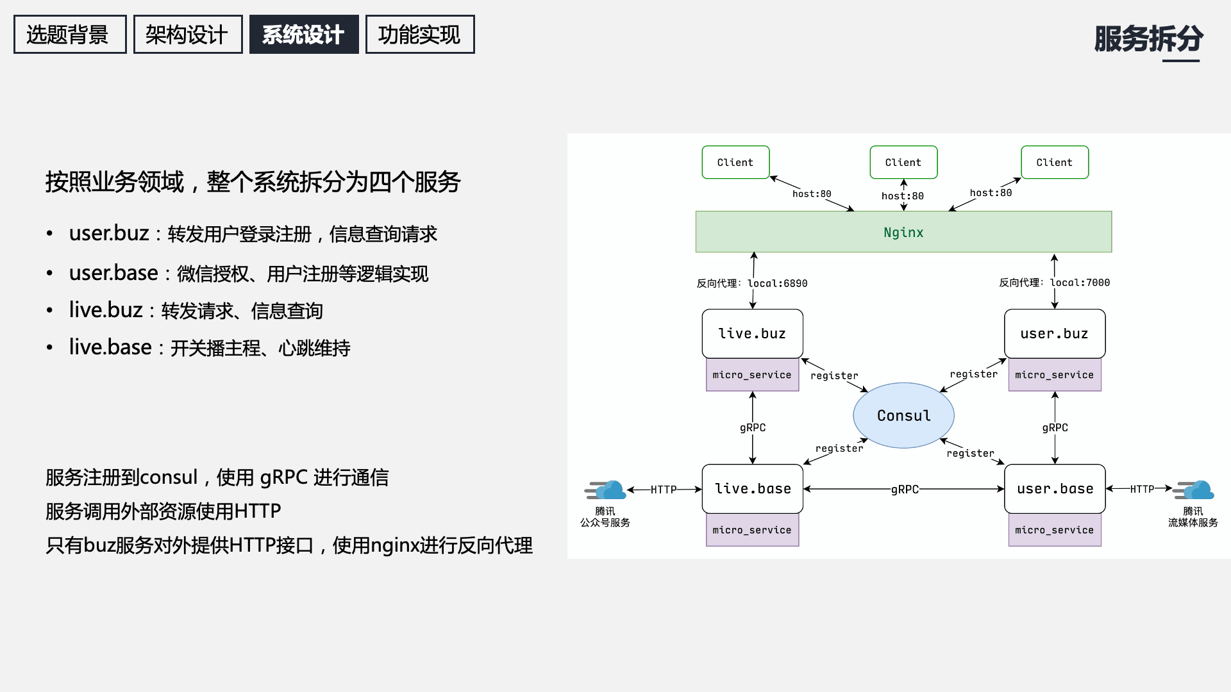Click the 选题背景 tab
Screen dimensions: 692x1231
(70, 35)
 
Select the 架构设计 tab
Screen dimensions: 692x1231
(187, 35)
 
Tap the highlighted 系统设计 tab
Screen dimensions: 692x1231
(303, 35)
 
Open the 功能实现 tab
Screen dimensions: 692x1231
(419, 35)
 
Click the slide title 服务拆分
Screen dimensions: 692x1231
(1148, 38)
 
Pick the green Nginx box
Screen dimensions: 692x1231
(903, 232)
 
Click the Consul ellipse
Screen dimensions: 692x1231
(903, 416)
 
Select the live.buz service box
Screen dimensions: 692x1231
(752, 334)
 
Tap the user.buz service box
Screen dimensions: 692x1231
(1054, 334)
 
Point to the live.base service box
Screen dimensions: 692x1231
(752, 489)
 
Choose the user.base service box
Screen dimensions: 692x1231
(1055, 489)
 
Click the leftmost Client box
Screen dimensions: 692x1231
(735, 162)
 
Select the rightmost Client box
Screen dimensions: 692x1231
(1054, 162)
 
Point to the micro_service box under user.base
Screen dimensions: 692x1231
(1054, 530)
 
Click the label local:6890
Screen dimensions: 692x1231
(777, 283)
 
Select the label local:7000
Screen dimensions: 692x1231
(1080, 283)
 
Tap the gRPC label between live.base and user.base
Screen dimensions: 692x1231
(904, 490)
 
